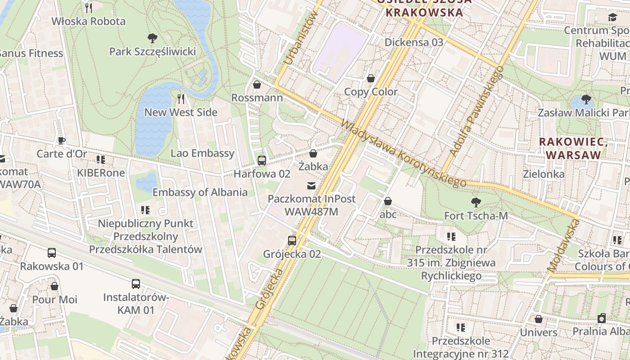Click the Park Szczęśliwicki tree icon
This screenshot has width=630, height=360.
[153, 38]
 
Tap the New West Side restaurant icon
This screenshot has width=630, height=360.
[181, 99]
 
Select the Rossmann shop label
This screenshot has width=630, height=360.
[257, 98]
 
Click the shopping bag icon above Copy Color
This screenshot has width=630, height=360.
[371, 78]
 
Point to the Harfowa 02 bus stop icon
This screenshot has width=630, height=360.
[261, 161]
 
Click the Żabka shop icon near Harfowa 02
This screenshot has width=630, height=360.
[313, 153]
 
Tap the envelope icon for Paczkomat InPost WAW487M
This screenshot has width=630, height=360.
[311, 185]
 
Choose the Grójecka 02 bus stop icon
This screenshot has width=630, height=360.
[292, 241]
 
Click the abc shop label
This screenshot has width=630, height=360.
[388, 214]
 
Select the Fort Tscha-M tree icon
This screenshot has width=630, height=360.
[476, 202]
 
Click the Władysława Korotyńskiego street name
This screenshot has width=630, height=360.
[403, 153]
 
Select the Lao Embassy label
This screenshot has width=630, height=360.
[202, 153]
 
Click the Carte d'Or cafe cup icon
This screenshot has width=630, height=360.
[62, 140]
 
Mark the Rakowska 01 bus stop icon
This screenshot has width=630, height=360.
[52, 253]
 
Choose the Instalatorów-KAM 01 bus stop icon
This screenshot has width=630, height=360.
[136, 284]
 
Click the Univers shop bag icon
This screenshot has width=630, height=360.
[539, 319]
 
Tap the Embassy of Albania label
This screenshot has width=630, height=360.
[200, 192]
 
